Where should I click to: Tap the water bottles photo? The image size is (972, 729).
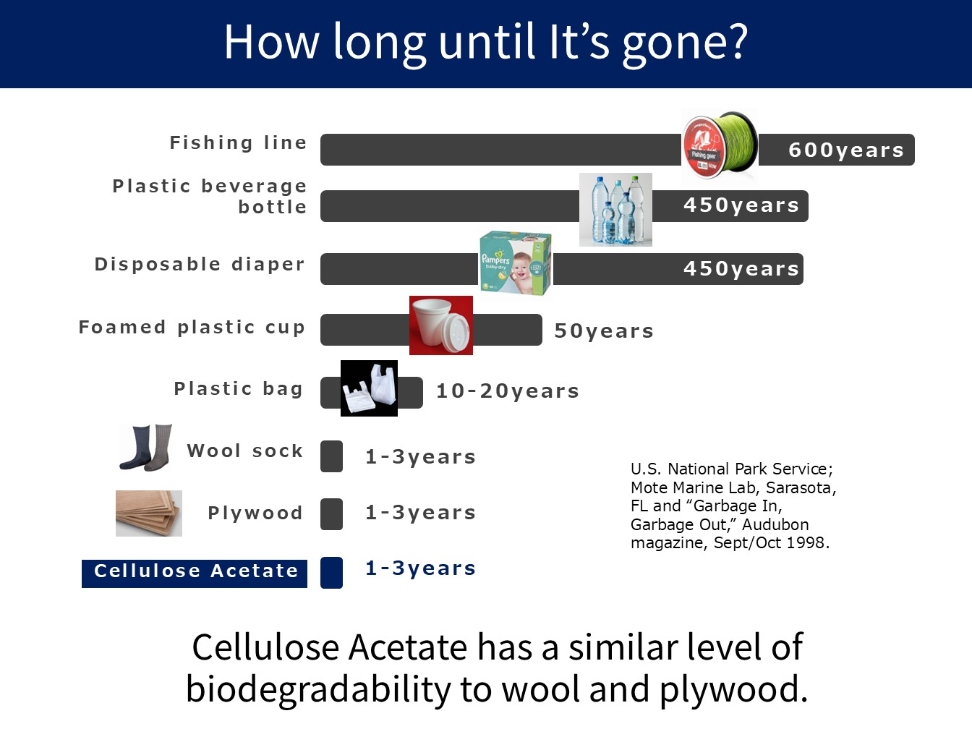tap(615, 209)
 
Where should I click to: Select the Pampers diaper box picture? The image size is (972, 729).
tap(516, 263)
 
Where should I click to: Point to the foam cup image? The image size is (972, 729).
tap(441, 325)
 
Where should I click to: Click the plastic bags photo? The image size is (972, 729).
tap(369, 388)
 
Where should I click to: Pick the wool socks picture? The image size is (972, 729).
tap(146, 448)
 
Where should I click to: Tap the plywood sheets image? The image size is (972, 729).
tap(149, 513)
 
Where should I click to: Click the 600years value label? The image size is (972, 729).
tap(845, 150)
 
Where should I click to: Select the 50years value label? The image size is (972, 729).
tap(604, 331)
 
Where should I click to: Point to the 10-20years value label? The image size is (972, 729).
tap(508, 391)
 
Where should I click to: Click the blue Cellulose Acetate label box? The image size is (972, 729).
tap(195, 574)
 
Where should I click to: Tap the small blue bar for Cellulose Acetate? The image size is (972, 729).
tap(332, 572)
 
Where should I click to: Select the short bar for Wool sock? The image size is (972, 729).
tap(332, 456)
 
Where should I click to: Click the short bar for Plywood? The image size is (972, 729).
tap(332, 514)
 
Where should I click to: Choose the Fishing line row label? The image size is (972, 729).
tap(238, 143)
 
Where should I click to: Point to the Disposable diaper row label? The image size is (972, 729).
tap(200, 264)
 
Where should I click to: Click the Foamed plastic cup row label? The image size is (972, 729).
tap(192, 328)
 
